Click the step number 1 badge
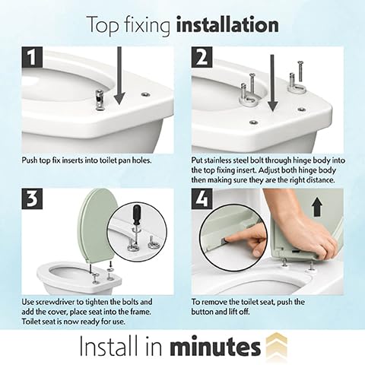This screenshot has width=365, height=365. tap(32, 57)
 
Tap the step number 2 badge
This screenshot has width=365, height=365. tap(202, 57)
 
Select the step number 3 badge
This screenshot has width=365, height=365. tap(32, 198)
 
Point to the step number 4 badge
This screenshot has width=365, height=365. tap(202, 198)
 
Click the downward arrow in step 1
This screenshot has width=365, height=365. tap(119, 76)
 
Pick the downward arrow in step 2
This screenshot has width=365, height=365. tap(272, 83)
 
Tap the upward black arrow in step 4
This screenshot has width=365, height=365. tap(317, 207)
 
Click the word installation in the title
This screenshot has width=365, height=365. tap(227, 25)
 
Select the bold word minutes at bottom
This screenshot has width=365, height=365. tap(215, 346)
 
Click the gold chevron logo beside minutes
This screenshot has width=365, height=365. tap(277, 344)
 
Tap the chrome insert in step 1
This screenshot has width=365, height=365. tap(100, 100)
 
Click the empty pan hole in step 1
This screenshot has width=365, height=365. tap(145, 94)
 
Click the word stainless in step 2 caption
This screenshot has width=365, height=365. tap(221, 160)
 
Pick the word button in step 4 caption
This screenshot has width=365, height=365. tap(202, 312)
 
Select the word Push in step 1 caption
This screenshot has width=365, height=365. tap(29, 160)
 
